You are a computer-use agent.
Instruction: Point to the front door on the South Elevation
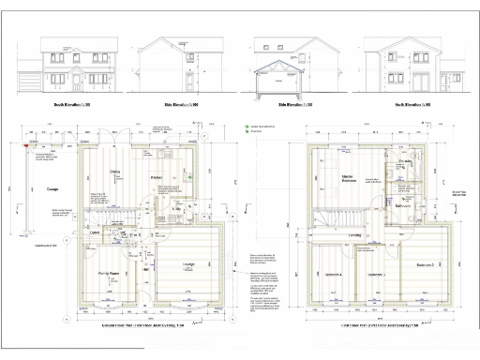pyautogui.click(x=70, y=85)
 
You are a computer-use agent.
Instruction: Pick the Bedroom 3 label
pyautogui.click(x=377, y=275)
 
